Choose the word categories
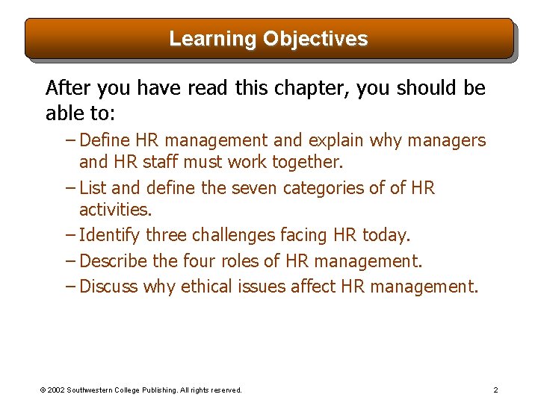click(327, 188)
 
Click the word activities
click(114, 209)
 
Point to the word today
click(386, 235)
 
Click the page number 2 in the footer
click(495, 390)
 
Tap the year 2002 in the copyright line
click(56, 390)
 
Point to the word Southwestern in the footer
click(96, 390)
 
